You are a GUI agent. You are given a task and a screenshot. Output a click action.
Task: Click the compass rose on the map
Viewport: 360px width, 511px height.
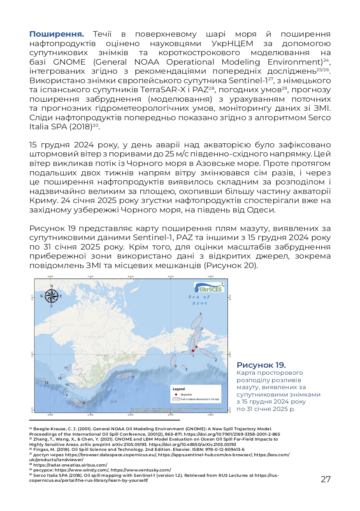pyautogui.click(x=51, y=295)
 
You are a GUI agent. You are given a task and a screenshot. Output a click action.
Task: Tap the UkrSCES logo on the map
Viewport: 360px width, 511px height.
pyautogui.click(x=209, y=287)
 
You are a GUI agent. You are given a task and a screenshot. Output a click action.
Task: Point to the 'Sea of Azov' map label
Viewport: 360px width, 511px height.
pyautogui.click(x=199, y=300)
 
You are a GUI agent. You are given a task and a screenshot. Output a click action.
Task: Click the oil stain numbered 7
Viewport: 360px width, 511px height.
pyautogui.click(x=124, y=375)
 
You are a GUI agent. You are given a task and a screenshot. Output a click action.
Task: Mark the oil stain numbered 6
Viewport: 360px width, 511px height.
pyautogui.click(x=173, y=360)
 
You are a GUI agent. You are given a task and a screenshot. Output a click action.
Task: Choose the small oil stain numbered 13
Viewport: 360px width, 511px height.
pyautogui.click(x=42, y=380)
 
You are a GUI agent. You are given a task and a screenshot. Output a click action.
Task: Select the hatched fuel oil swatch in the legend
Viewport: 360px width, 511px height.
pyautogui.click(x=176, y=399)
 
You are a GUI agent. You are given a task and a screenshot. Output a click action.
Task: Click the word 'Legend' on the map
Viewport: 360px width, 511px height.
pyautogui.click(x=179, y=389)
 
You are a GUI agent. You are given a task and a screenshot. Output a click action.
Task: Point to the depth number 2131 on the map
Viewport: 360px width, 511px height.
pyautogui.click(x=114, y=401)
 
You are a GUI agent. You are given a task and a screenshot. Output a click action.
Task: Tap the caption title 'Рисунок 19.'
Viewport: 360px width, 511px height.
pyautogui.click(x=261, y=365)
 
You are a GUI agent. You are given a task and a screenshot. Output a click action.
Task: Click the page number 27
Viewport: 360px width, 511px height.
pyautogui.click(x=326, y=479)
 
